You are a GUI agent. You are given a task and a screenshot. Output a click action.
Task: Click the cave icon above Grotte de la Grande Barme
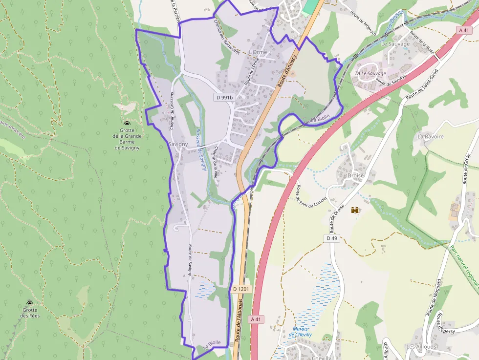pyautogui.click(x=127, y=124)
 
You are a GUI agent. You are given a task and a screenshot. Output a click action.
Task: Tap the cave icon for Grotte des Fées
pyautogui.click(x=29, y=303)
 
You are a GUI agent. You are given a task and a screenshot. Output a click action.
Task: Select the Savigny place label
pyautogui.click(x=177, y=145)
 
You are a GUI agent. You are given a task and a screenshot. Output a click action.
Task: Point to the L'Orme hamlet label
pyautogui.click(x=258, y=52)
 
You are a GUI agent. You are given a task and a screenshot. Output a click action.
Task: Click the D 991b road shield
pyautogui.click(x=224, y=97)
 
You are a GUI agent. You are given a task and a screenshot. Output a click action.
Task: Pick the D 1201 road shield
pyautogui.click(x=241, y=289)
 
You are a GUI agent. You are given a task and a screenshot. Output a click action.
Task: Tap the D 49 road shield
pyautogui.click(x=331, y=238)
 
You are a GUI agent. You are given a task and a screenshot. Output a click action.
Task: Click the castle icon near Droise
pyautogui.click(x=355, y=210)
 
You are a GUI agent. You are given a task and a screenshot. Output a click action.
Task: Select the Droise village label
pyautogui.click(x=355, y=175)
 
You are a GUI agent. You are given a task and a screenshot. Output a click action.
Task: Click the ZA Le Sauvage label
pyautogui.click(x=370, y=73)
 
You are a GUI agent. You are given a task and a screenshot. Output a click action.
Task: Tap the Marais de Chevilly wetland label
pyautogui.click(x=300, y=332)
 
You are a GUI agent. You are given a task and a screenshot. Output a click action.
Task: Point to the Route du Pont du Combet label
pyautogui.click(x=304, y=195)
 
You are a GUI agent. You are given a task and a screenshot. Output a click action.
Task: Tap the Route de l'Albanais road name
pyautogui.click(x=239, y=327)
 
